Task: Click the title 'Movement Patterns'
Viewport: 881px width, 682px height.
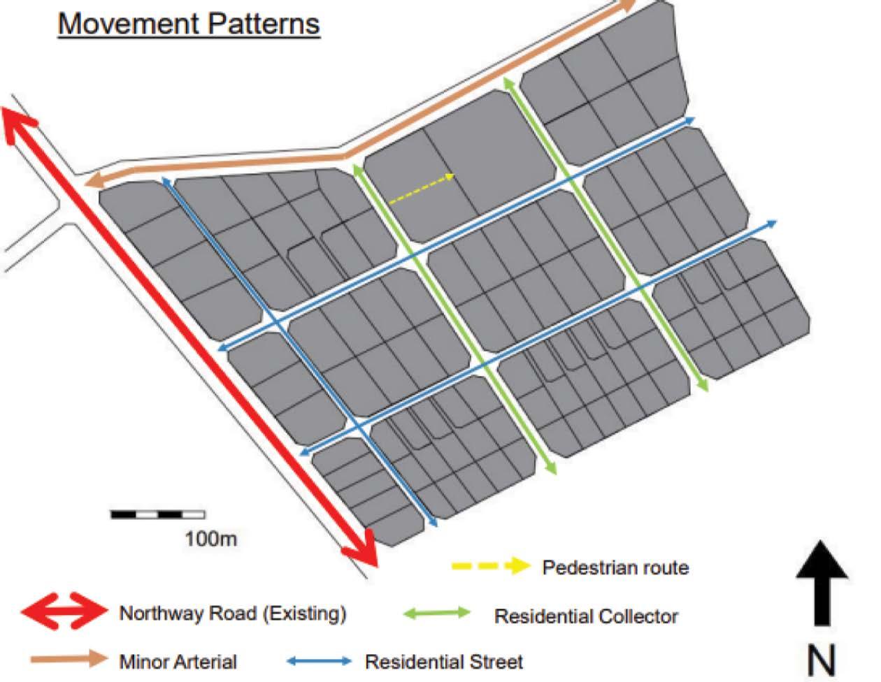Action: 189,24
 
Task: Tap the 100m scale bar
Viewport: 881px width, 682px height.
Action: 157,515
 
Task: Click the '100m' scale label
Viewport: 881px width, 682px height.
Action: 210,539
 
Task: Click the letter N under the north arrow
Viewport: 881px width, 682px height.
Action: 822,659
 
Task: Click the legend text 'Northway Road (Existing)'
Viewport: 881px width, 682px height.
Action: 233,614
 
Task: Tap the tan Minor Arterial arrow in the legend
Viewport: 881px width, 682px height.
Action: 69,658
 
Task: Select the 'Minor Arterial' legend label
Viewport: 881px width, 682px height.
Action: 178,661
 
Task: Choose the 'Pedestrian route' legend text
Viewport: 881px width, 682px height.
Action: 615,567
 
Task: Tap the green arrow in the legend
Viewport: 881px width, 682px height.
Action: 438,613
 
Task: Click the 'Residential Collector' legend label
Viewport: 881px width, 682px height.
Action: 586,617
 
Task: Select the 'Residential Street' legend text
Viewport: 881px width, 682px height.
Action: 444,661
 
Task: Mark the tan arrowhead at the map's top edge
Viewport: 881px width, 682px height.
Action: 625,6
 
